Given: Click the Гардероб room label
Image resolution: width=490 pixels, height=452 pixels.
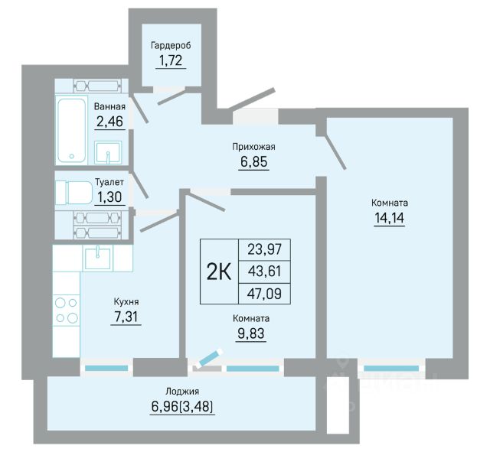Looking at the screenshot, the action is pos(171,46).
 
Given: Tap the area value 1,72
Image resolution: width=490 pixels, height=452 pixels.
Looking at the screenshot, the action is pos(171,60).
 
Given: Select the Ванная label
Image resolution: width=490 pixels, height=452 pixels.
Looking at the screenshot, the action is pos(109,107).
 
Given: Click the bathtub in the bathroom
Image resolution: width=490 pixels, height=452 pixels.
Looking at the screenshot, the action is pos(72,130).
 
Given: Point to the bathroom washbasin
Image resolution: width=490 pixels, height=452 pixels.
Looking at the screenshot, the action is pos(108,153).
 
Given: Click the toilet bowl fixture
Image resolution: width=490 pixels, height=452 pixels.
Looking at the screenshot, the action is pos(74,193).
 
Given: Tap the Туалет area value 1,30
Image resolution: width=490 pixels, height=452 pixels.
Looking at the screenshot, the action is pos(109,197).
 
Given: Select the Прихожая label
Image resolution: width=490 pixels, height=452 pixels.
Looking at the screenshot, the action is pos(253,147).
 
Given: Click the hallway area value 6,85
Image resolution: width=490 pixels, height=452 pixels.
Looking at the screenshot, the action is pos(253,161).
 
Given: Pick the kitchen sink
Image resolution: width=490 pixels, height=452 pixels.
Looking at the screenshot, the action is pos(97,259).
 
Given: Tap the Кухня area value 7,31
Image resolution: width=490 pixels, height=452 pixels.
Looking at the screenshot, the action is pos(126,317).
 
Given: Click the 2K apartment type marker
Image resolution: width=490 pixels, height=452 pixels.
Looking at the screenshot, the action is pos(219,272).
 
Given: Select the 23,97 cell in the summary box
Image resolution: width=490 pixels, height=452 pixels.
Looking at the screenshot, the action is pos(265,249).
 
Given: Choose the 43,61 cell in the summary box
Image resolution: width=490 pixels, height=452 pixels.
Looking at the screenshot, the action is pos(265,272).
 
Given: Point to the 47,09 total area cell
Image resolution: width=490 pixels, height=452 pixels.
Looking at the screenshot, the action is pos(265,294).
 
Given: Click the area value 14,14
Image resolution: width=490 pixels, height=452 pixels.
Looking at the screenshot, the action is pos(390,217).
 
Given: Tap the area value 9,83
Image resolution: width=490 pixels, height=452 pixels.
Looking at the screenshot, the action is pos(251,333).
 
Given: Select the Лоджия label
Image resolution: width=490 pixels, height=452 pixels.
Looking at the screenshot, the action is pos(182,391).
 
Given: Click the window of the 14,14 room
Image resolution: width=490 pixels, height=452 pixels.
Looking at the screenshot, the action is pos(391,369).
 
